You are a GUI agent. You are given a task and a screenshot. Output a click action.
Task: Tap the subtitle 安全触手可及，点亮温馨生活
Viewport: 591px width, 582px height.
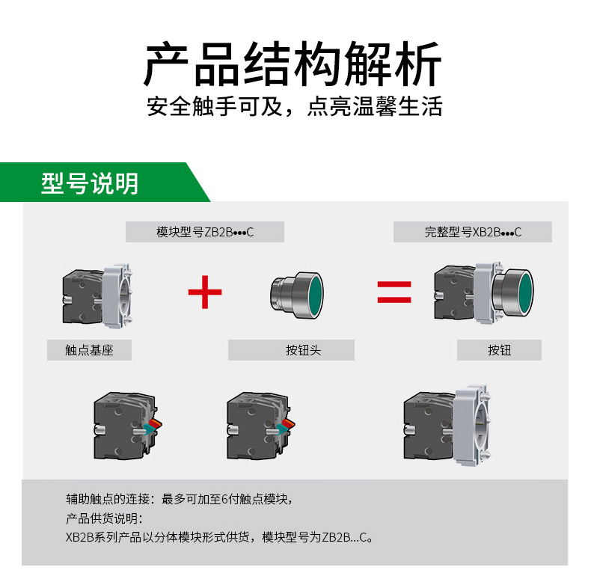click(295, 106)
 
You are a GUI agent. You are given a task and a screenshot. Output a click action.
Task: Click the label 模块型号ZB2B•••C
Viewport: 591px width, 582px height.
click(205, 232)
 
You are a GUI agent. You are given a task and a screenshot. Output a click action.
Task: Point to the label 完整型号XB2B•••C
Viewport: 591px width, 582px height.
click(473, 232)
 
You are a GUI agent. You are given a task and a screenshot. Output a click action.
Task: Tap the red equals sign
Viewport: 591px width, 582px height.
click(394, 292)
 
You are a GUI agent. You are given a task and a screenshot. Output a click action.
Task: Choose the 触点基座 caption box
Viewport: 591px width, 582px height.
click(89, 350)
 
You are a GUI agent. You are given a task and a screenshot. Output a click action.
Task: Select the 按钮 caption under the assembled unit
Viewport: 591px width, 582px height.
click(499, 350)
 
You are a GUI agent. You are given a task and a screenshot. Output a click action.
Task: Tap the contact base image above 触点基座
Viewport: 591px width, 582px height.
click(97, 295)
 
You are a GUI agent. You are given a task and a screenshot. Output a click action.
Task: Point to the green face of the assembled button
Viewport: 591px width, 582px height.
click(521, 290)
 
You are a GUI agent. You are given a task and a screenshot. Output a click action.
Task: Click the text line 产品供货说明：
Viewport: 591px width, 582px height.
click(104, 518)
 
